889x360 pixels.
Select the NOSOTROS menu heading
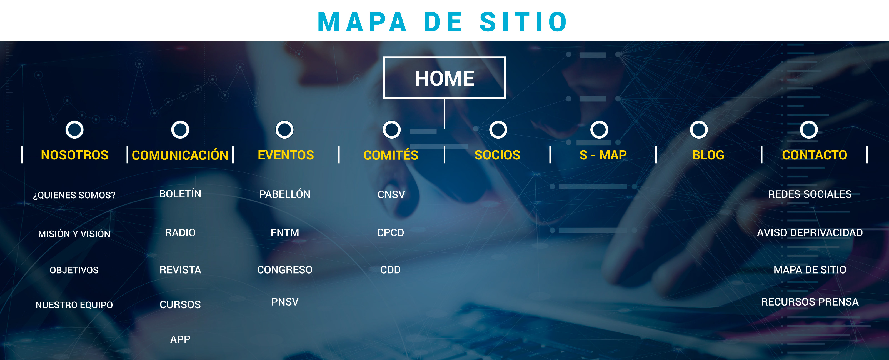click(74, 155)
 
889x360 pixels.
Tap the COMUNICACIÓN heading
click(180, 155)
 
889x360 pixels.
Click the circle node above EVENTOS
click(284, 130)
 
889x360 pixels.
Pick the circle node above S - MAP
click(599, 130)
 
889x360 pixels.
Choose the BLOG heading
click(708, 155)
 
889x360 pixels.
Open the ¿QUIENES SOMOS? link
click(74, 195)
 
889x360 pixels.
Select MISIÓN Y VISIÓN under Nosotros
click(74, 234)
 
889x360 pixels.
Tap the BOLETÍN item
click(180, 194)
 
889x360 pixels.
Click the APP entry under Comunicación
click(180, 339)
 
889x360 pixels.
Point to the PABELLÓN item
click(285, 194)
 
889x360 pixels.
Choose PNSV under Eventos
click(285, 302)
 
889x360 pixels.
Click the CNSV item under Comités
click(391, 194)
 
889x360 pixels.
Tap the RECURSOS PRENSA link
click(810, 302)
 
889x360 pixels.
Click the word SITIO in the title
click(523, 22)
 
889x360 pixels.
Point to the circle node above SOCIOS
click(498, 130)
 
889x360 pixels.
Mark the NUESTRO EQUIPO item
click(74, 305)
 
